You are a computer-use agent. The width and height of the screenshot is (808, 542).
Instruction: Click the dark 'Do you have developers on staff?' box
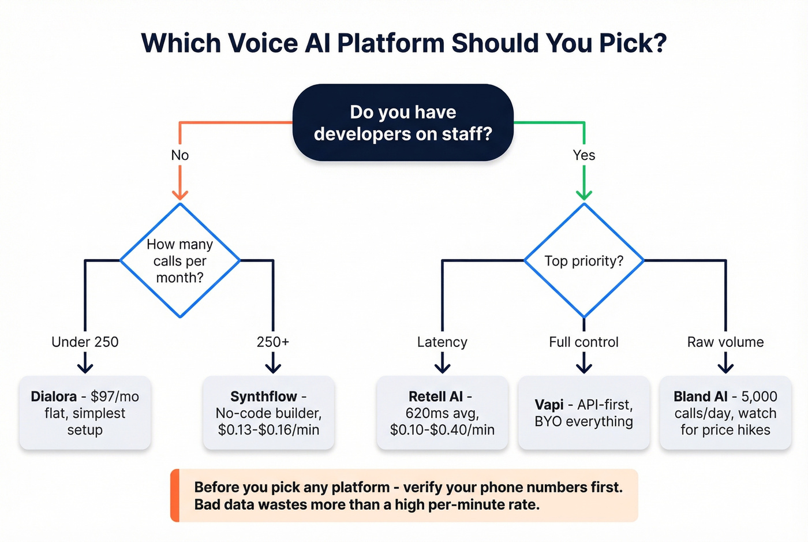403,122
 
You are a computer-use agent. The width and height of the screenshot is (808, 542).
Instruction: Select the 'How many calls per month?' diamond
180,260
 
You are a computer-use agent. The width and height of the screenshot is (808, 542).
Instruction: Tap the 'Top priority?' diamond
583,260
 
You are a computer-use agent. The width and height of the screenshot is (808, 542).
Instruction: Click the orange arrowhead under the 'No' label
180,193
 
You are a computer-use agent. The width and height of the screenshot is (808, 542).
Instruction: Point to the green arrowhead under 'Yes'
583,193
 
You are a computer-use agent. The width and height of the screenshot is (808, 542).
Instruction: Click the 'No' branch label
180,155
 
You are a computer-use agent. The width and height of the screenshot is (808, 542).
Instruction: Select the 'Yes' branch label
583,155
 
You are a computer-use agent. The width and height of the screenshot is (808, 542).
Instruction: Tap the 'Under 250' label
85,342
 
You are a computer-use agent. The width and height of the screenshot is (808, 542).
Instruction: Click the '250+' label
272,342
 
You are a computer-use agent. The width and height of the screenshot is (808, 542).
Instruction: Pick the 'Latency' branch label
442,342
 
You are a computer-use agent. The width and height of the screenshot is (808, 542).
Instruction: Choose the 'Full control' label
583,342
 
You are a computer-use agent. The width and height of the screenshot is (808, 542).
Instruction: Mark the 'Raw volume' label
725,342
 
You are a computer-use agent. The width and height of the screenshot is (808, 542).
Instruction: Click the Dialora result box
85,413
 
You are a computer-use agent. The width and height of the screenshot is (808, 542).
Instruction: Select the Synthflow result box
268,413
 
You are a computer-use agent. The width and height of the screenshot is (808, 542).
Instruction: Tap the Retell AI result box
442,413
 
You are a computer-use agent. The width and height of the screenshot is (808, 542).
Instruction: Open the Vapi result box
583,413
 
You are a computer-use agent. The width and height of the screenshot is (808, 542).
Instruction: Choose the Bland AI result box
725,413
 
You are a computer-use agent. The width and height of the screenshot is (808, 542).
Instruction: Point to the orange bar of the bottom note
175,495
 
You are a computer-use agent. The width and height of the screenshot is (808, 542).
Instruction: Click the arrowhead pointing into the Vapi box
583,367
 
